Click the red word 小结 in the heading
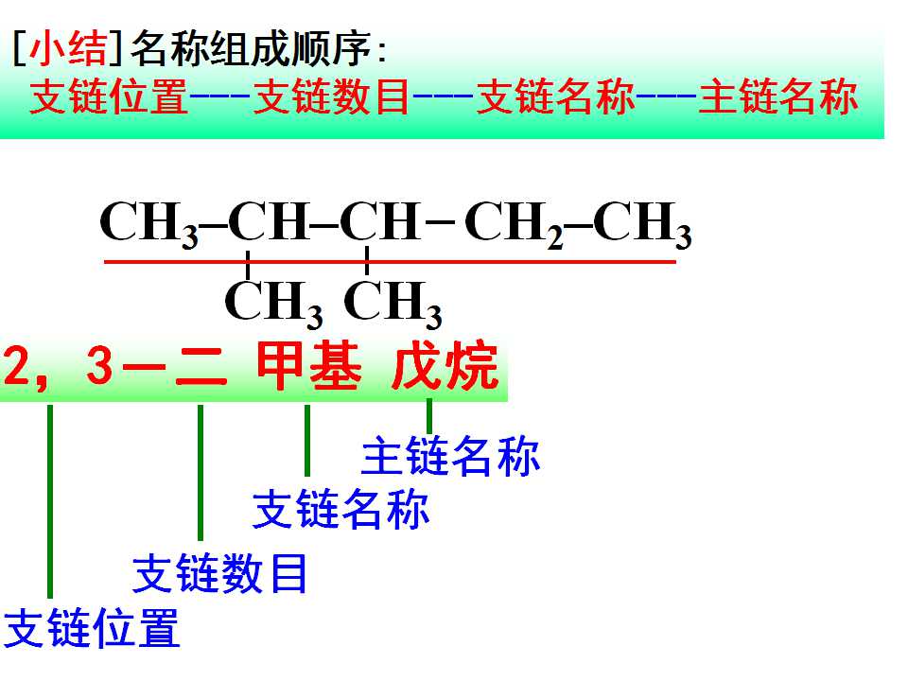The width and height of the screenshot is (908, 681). [x=68, y=48]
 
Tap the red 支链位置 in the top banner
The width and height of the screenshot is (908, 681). [x=109, y=96]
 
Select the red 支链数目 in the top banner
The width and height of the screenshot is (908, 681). [x=332, y=96]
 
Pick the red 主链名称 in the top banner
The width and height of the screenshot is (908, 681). [x=777, y=96]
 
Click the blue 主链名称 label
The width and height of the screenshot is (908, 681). [x=450, y=456]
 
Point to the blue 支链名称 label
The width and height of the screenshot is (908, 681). [x=341, y=510]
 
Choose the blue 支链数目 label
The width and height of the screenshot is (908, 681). [x=220, y=573]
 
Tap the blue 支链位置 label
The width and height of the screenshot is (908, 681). [x=92, y=628]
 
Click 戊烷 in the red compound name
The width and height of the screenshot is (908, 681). [x=445, y=366]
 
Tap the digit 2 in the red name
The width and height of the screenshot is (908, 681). [x=16, y=366]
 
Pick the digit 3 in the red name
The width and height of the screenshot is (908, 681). [x=100, y=366]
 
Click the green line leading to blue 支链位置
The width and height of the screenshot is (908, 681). [x=50, y=501]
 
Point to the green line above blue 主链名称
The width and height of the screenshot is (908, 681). [x=429, y=416]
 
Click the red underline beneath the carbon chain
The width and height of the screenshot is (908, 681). [x=390, y=262]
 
